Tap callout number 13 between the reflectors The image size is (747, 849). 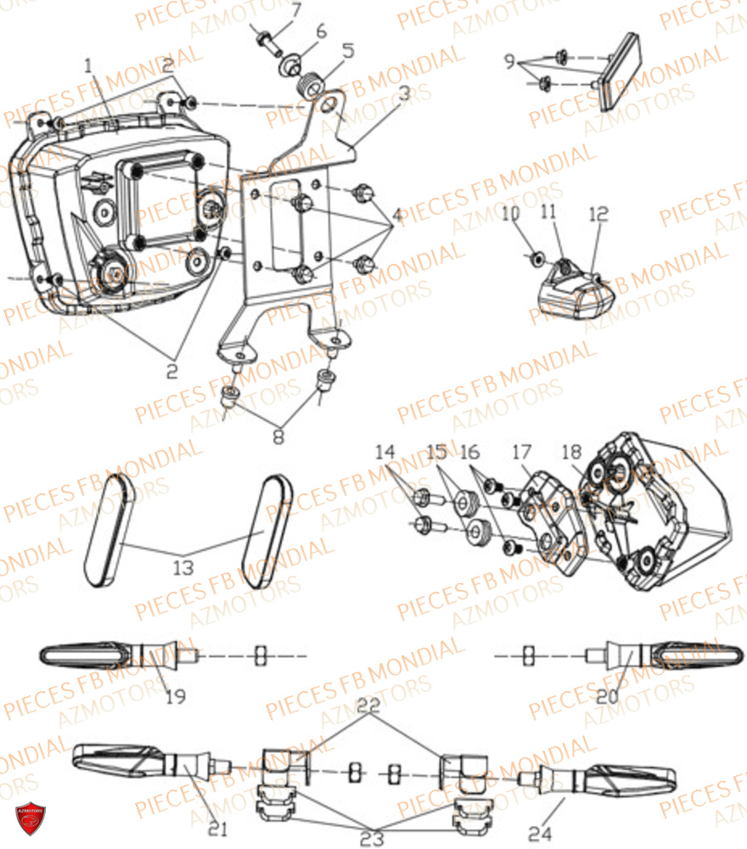point(183,566)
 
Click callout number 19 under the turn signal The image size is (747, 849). point(176,697)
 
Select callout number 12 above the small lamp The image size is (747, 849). point(598,215)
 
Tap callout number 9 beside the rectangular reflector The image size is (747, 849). point(508,61)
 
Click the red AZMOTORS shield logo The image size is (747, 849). point(31,818)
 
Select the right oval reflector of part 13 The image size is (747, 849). point(267,530)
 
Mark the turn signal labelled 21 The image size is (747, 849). point(144,759)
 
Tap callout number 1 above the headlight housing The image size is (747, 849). point(88,65)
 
